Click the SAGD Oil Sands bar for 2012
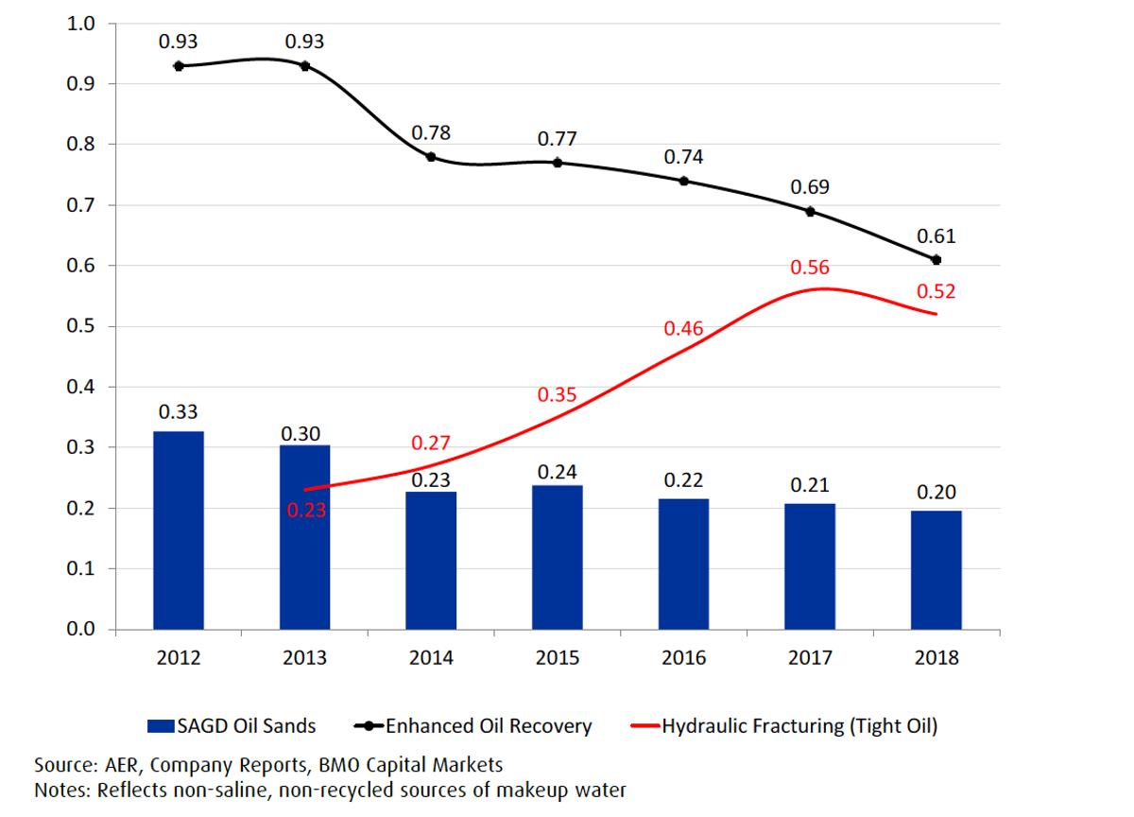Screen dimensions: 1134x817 [179, 530]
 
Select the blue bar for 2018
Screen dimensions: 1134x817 [936, 570]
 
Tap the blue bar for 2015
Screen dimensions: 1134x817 [558, 557]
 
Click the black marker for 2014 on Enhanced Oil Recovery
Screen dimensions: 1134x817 [431, 157]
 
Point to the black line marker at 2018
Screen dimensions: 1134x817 [936, 260]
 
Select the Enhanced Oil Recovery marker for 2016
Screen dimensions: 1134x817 [683, 181]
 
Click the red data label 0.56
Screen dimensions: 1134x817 [810, 268]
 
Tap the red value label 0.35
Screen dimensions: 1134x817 [557, 394]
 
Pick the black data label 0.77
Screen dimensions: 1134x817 [557, 138]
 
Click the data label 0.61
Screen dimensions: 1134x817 [936, 236]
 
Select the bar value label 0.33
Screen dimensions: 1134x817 [178, 411]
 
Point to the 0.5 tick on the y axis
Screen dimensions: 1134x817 [80, 325]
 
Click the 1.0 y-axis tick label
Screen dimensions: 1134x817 [80, 24]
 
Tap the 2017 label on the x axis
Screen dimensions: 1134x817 [810, 657]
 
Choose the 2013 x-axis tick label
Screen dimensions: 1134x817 [304, 657]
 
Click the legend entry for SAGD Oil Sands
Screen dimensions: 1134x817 [232, 726]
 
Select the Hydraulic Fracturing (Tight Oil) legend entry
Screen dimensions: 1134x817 [784, 726]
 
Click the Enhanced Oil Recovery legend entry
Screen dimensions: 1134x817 [472, 726]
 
